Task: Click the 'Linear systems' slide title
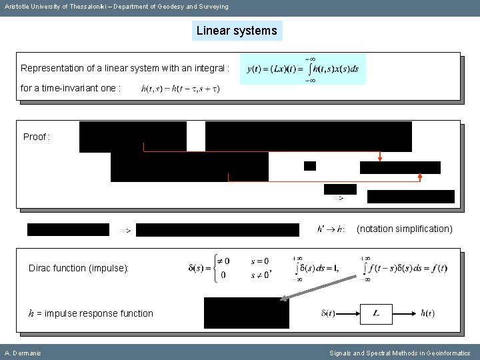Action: pos(237,31)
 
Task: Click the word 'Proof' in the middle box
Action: pos(35,137)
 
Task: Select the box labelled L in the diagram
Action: pos(377,313)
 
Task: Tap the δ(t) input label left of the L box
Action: pos(328,313)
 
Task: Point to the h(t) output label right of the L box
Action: pos(427,313)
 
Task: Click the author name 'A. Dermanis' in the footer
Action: pos(23,353)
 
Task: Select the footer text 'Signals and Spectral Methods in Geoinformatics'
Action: pos(400,353)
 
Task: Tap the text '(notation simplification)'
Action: pos(404,229)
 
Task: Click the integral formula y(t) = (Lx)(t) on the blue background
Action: pos(303,69)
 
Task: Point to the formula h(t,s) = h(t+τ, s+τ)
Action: pos(181,89)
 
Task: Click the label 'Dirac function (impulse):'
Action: pos(79,268)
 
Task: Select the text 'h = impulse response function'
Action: pos(91,313)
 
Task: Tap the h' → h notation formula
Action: pos(331,229)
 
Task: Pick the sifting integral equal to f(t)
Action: pos(404,268)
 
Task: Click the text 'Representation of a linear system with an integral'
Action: pos(125,68)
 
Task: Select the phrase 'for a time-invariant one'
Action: pos(71,89)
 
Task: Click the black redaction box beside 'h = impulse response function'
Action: pos(246,313)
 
